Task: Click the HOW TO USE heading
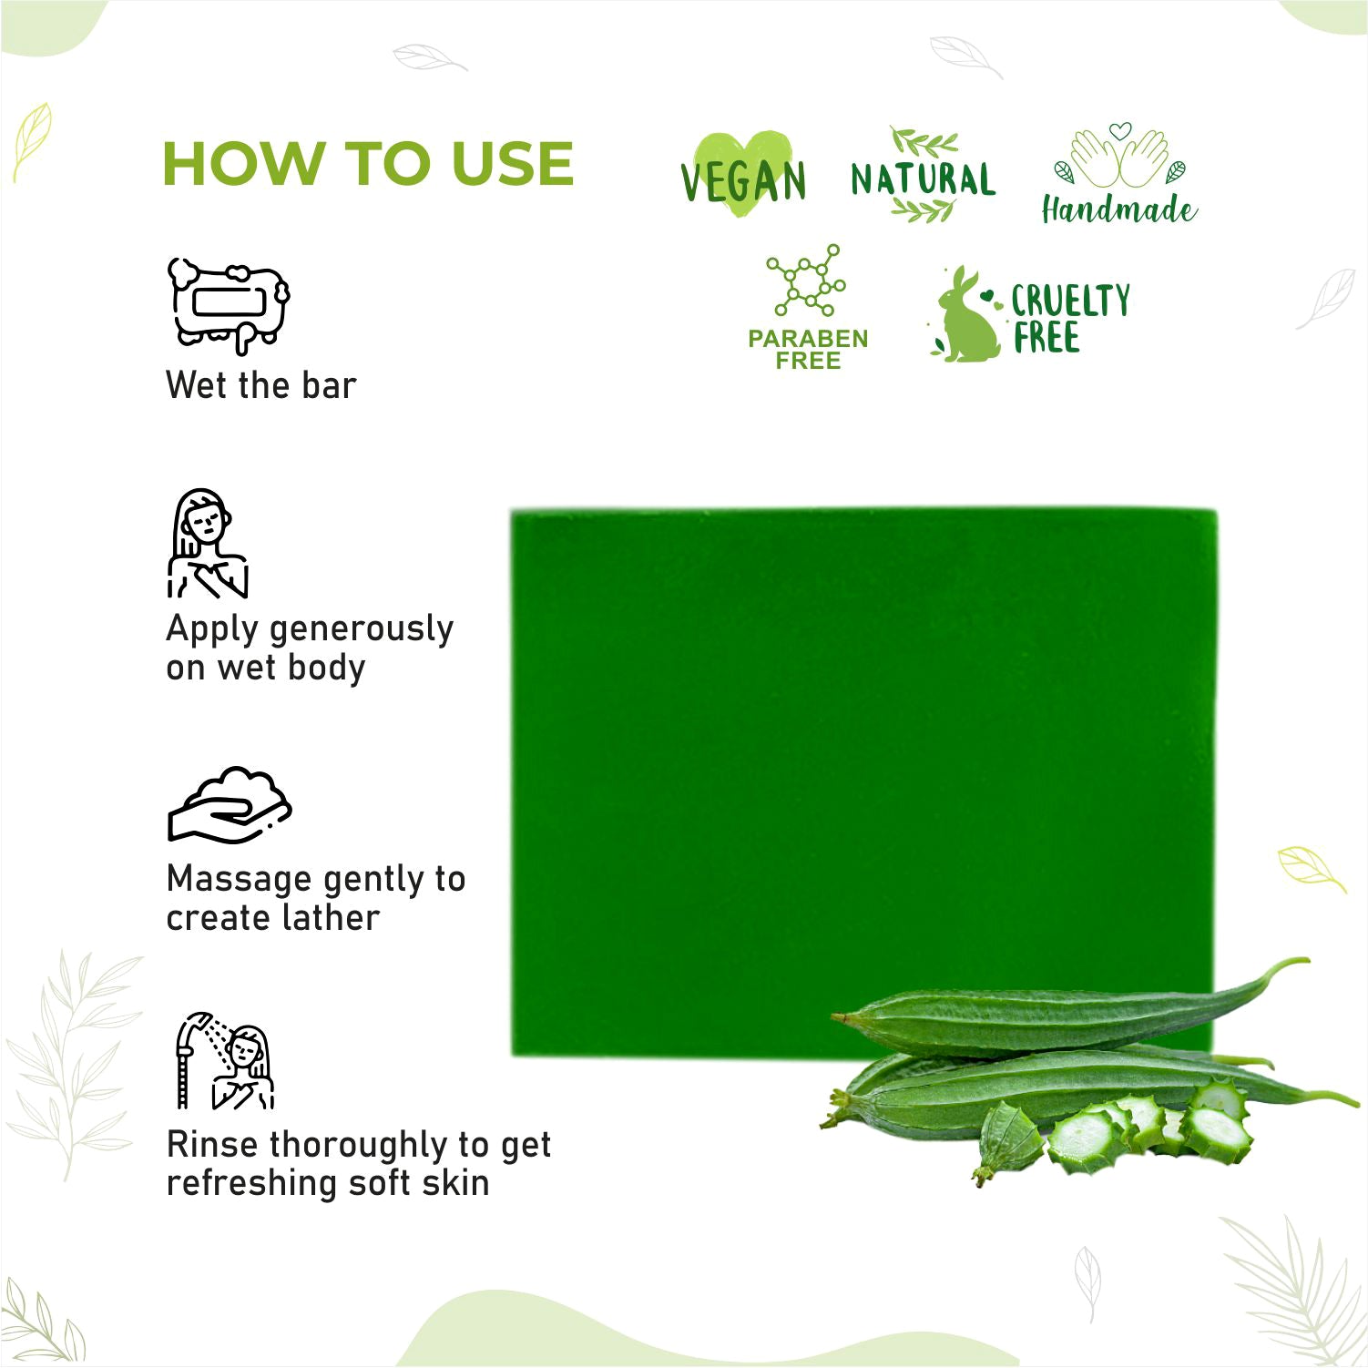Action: pyautogui.click(x=368, y=164)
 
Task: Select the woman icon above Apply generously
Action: pyautogui.click(x=208, y=544)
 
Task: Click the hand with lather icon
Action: pyautogui.click(x=230, y=804)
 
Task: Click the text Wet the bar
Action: pyautogui.click(x=261, y=385)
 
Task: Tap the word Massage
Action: pyautogui.click(x=240, y=879)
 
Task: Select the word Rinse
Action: pyautogui.click(x=212, y=1144)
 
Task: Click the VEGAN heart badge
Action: pyautogui.click(x=743, y=175)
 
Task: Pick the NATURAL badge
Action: pyautogui.click(x=924, y=176)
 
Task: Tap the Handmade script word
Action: pyautogui.click(x=1119, y=209)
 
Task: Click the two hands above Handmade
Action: pyautogui.click(x=1119, y=155)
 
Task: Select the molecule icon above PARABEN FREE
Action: pyautogui.click(x=806, y=281)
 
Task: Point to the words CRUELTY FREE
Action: pyautogui.click(x=1070, y=319)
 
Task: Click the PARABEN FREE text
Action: pyautogui.click(x=808, y=349)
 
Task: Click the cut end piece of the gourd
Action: pyautogui.click(x=1010, y=1137)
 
